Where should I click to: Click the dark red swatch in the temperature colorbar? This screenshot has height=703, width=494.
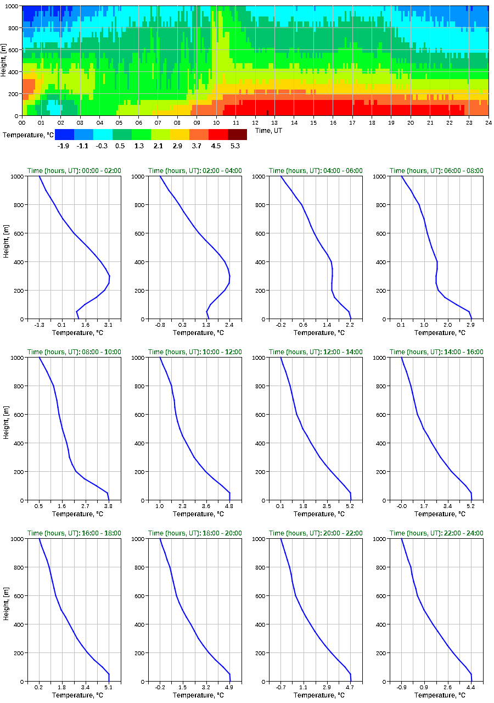[x=237, y=135]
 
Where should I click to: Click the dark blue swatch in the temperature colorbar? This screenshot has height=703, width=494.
[x=64, y=135]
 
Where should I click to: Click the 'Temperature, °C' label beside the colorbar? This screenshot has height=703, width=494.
[x=28, y=135]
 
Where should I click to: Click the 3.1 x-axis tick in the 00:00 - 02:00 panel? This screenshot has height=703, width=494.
[x=109, y=325]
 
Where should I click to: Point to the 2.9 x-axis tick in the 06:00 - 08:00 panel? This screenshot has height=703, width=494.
[x=471, y=325]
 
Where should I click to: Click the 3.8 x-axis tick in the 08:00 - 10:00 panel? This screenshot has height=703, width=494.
[x=109, y=506]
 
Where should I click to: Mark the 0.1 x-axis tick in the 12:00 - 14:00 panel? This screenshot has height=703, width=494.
[x=280, y=506]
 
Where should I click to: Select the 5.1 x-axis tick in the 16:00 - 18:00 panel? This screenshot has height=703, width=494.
[x=109, y=688]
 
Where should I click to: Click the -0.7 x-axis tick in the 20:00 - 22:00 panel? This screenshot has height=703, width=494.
[x=280, y=688]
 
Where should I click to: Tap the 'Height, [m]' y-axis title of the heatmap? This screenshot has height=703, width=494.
[x=4, y=61]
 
